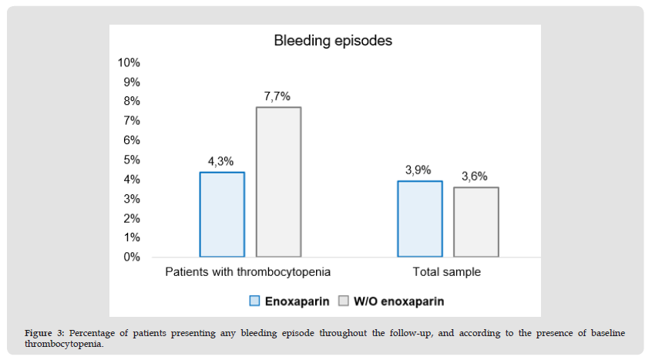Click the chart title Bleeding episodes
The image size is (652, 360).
tap(333, 41)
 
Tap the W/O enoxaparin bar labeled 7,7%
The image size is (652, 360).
tap(278, 182)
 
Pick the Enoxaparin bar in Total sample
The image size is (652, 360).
tap(420, 219)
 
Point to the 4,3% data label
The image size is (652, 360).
tap(222, 162)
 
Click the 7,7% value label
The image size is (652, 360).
tap(277, 96)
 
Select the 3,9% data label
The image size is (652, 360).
tap(418, 170)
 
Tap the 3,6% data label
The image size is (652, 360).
tap(475, 177)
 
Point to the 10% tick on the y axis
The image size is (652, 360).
tap(129, 62)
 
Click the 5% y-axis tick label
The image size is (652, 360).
tap(132, 160)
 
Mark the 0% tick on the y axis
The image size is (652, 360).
tap(132, 257)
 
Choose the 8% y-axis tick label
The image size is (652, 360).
tap(132, 101)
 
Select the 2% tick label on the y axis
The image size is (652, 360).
tap(132, 218)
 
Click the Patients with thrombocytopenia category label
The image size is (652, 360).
tap(248, 272)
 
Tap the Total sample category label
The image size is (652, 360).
tap(447, 272)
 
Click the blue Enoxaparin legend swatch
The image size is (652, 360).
tap(254, 300)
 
